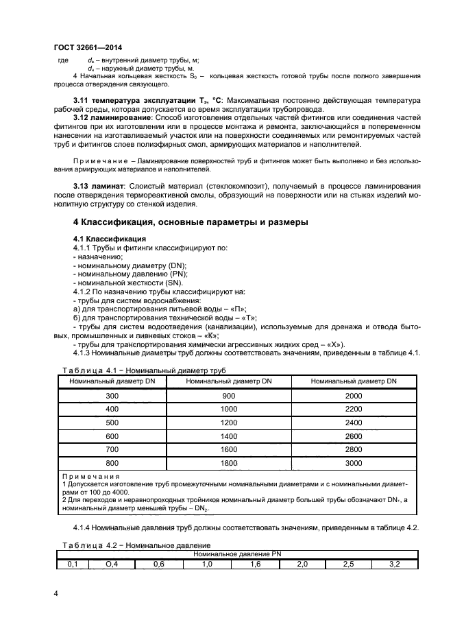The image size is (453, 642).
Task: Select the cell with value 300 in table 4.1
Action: tap(111, 396)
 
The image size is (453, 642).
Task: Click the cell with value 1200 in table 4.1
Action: tap(229, 423)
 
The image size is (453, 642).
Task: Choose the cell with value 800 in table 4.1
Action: tap(111, 463)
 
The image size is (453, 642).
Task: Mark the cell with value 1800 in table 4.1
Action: tap(229, 463)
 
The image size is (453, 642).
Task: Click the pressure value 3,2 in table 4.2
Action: tap(395, 564)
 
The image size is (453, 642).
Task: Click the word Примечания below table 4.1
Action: tap(90, 477)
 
